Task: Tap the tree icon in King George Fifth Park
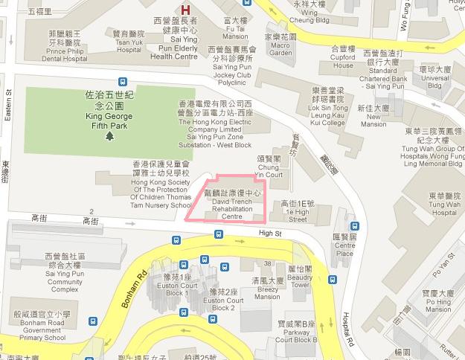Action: click(110, 136)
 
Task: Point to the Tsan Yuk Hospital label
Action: click(127, 41)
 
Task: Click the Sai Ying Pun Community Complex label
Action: click(57, 263)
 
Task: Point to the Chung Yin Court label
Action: click(269, 167)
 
